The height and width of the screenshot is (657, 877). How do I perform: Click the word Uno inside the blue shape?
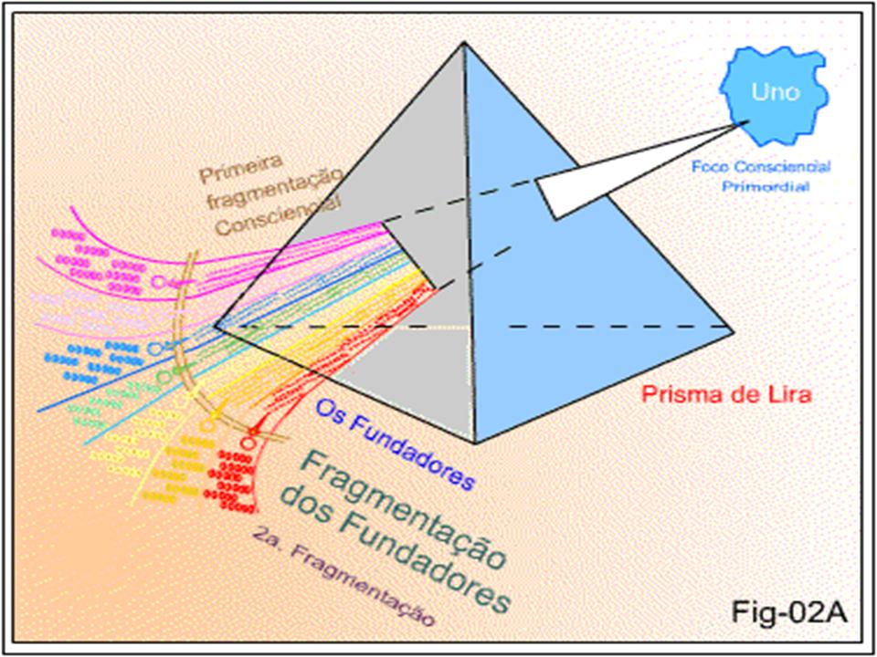pyautogui.click(x=775, y=92)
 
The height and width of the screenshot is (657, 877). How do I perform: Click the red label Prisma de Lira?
pyautogui.click(x=726, y=396)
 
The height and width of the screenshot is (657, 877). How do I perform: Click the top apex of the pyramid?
pyautogui.click(x=465, y=45)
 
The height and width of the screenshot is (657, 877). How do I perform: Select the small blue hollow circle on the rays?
pyautogui.click(x=154, y=349)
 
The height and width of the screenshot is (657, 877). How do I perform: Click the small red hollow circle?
pyautogui.click(x=246, y=443)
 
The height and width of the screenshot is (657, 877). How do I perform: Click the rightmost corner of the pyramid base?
pyautogui.click(x=733, y=327)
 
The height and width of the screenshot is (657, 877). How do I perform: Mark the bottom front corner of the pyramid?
pyautogui.click(x=473, y=443)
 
